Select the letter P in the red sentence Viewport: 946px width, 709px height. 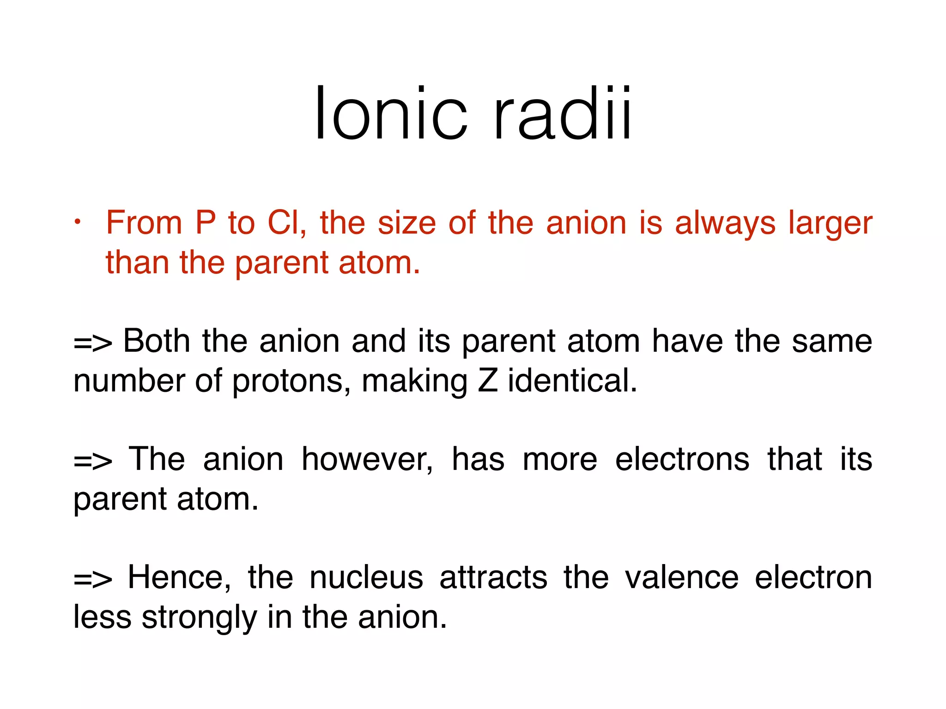point(205,223)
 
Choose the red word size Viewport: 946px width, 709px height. point(407,223)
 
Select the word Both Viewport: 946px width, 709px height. point(157,341)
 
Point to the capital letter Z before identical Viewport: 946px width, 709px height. point(488,381)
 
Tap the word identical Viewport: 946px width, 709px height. point(572,381)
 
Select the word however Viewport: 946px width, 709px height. point(367,460)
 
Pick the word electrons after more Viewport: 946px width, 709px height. point(682,460)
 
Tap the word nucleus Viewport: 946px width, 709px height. point(366,578)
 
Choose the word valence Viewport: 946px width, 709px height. point(682,578)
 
